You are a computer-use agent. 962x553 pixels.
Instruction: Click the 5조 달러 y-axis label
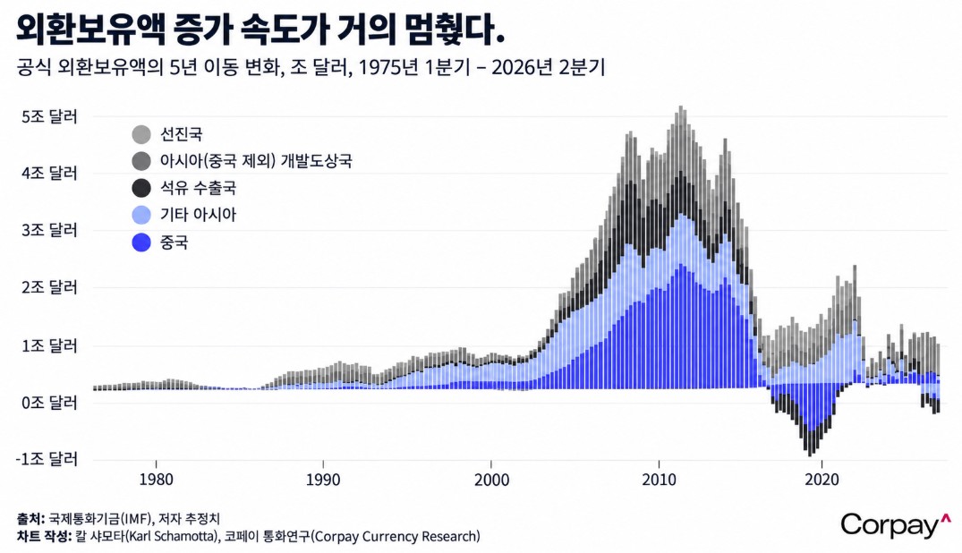point(49,116)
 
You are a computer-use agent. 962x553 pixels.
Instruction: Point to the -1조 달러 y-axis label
point(47,459)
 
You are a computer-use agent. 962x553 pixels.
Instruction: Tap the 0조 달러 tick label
point(49,403)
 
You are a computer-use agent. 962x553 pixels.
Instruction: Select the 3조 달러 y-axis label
point(49,230)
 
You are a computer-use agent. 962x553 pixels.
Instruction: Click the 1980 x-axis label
point(156,479)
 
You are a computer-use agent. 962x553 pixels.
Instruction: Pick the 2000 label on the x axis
point(491,479)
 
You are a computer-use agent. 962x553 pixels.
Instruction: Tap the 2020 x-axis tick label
point(822,479)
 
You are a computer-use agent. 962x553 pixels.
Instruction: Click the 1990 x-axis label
point(323,479)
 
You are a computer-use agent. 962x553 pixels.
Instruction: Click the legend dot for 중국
point(141,242)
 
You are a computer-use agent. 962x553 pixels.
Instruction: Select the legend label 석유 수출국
point(198,188)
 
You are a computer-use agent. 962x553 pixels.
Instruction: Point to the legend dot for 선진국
point(141,134)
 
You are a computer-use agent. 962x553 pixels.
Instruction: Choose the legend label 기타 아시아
point(198,215)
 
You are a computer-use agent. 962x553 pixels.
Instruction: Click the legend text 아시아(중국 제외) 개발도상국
point(256,161)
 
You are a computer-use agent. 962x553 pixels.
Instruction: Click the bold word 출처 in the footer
point(29,519)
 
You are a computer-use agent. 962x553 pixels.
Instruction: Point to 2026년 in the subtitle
point(522,67)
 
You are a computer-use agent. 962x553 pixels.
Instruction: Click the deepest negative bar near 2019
point(810,455)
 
